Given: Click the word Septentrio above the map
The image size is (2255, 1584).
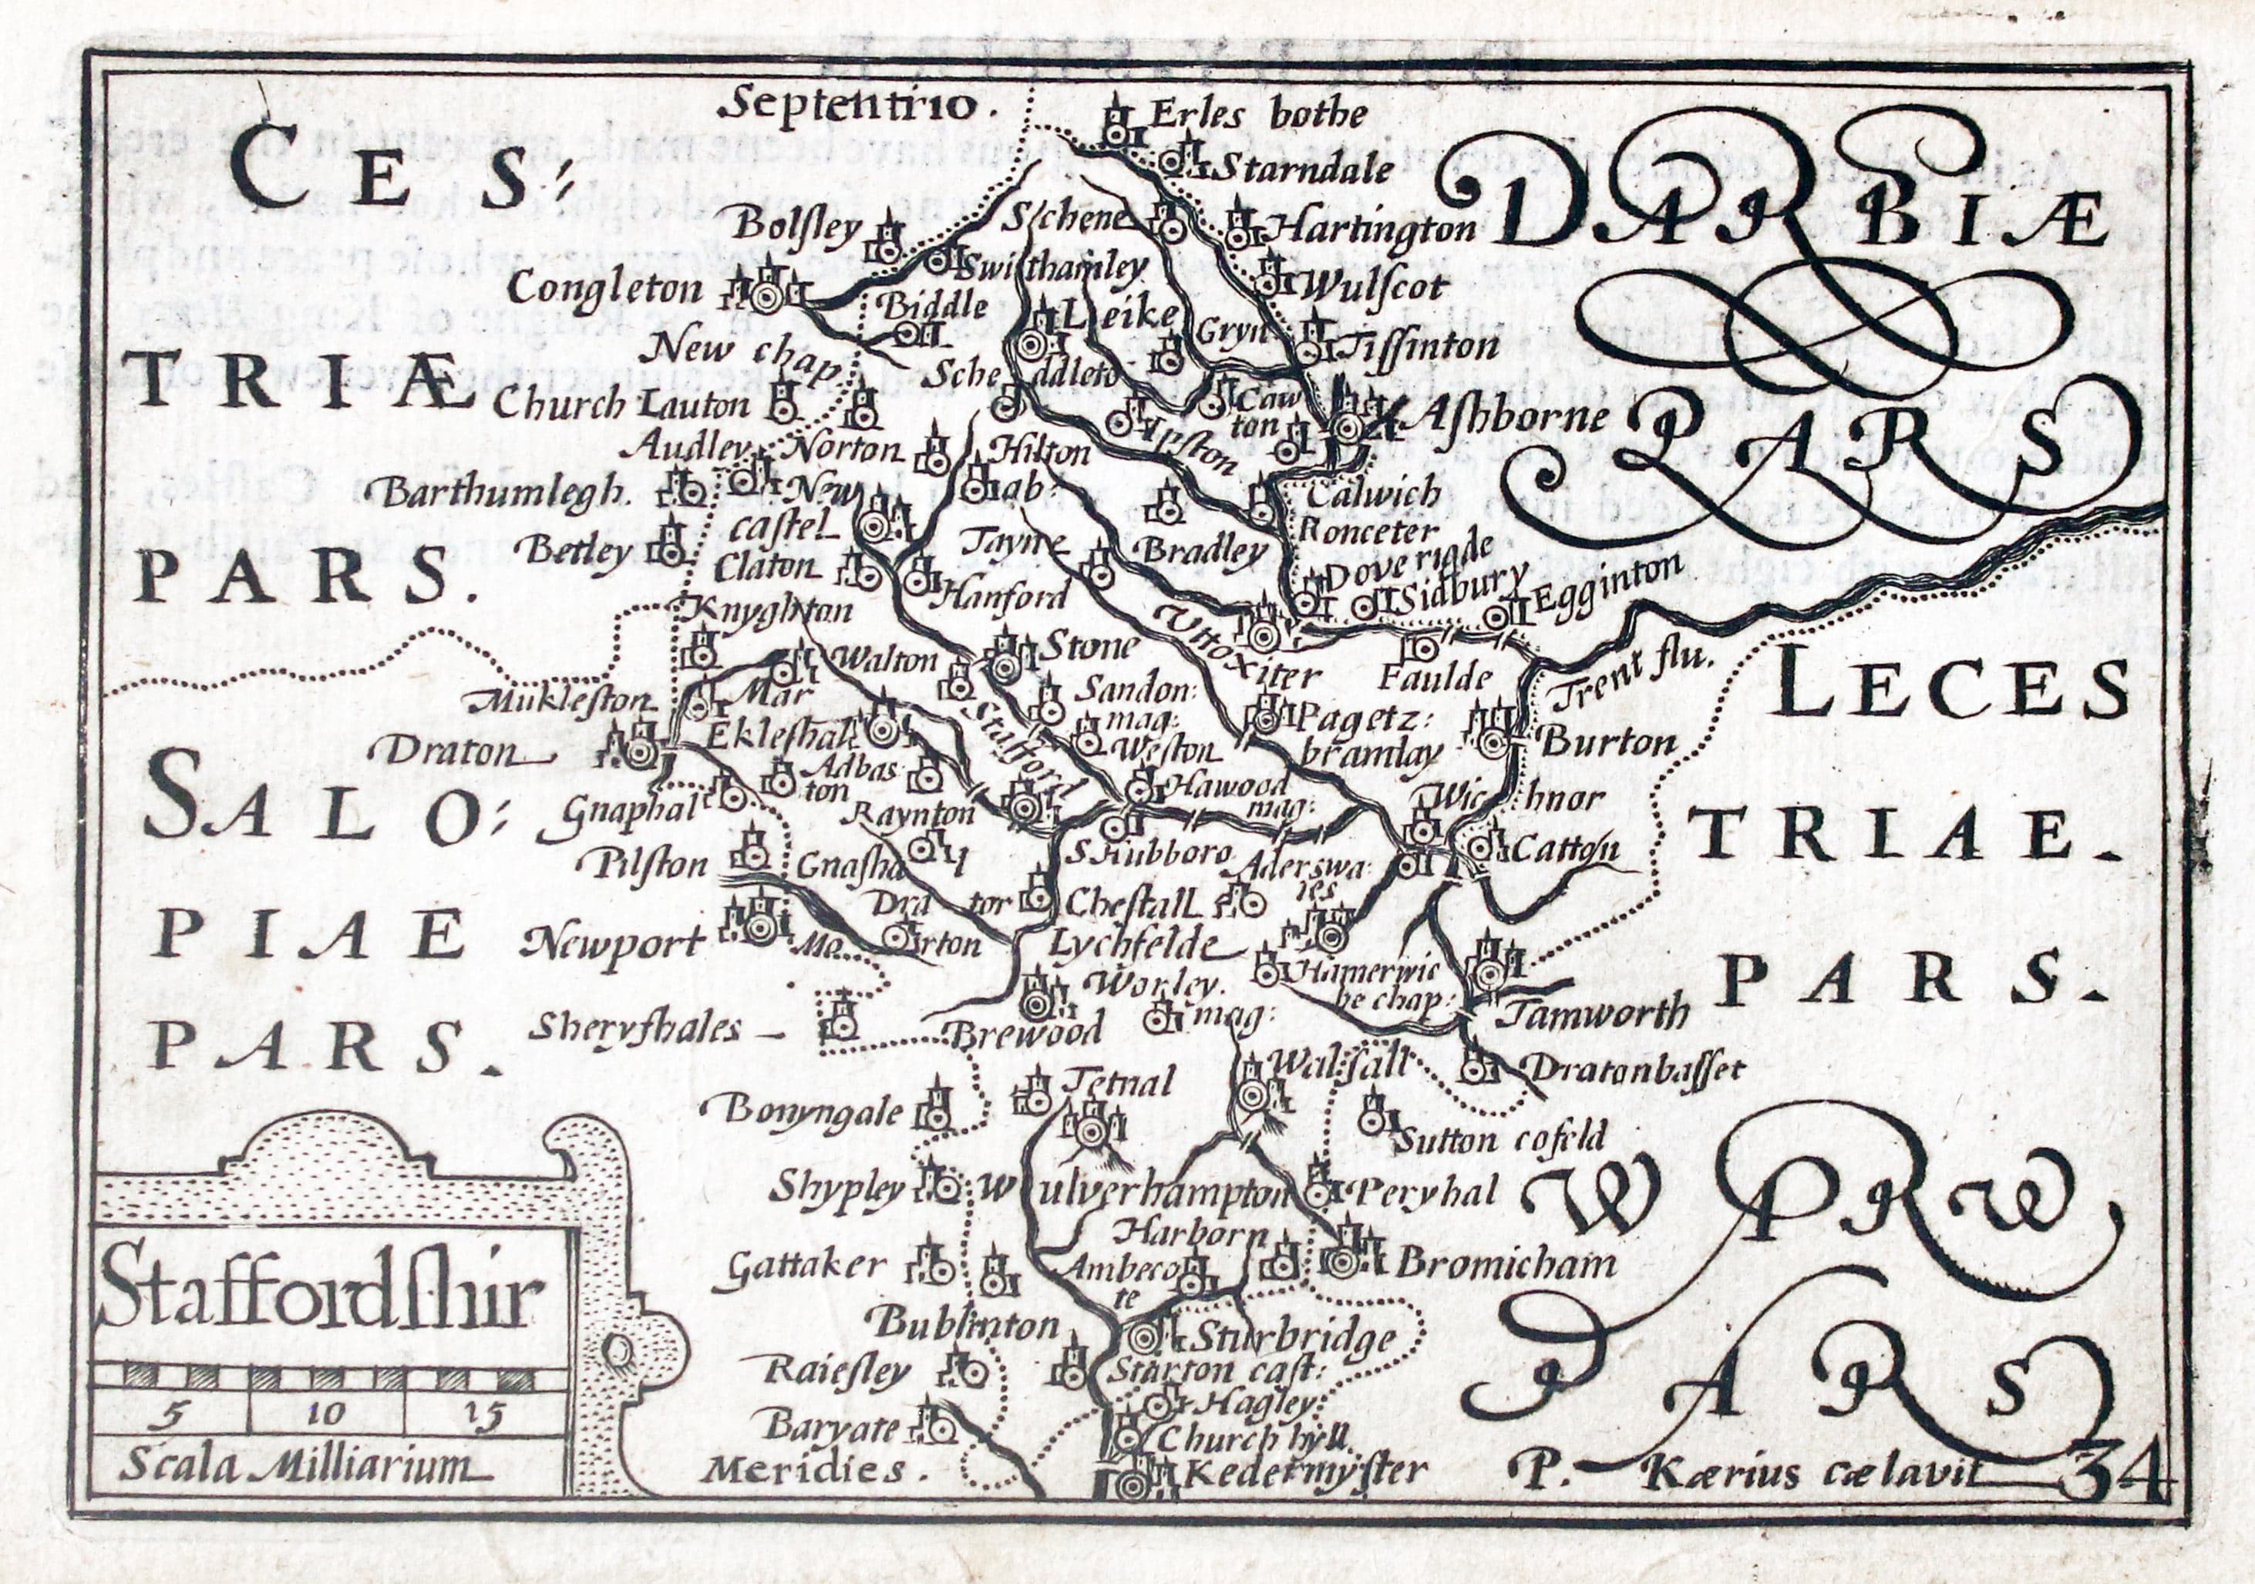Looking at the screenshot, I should (x=853, y=104).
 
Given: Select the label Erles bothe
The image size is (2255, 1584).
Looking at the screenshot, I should (x=1257, y=115).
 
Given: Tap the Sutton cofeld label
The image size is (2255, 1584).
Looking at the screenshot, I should (x=1498, y=1139).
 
